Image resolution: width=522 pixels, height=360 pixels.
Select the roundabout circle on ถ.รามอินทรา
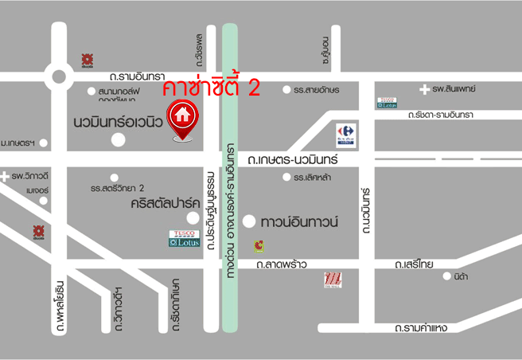coord(58,76)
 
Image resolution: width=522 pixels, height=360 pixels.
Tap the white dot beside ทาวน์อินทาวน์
coord(249,221)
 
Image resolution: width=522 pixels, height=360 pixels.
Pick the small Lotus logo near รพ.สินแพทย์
coord(388,101)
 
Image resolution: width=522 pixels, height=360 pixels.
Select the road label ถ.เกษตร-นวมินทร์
coord(293,160)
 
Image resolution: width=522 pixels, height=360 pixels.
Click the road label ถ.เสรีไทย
coord(411,263)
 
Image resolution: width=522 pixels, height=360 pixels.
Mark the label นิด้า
coord(461,277)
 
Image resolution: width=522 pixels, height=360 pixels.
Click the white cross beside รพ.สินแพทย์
coord(426,89)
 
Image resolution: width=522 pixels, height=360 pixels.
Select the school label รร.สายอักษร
coord(317,90)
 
